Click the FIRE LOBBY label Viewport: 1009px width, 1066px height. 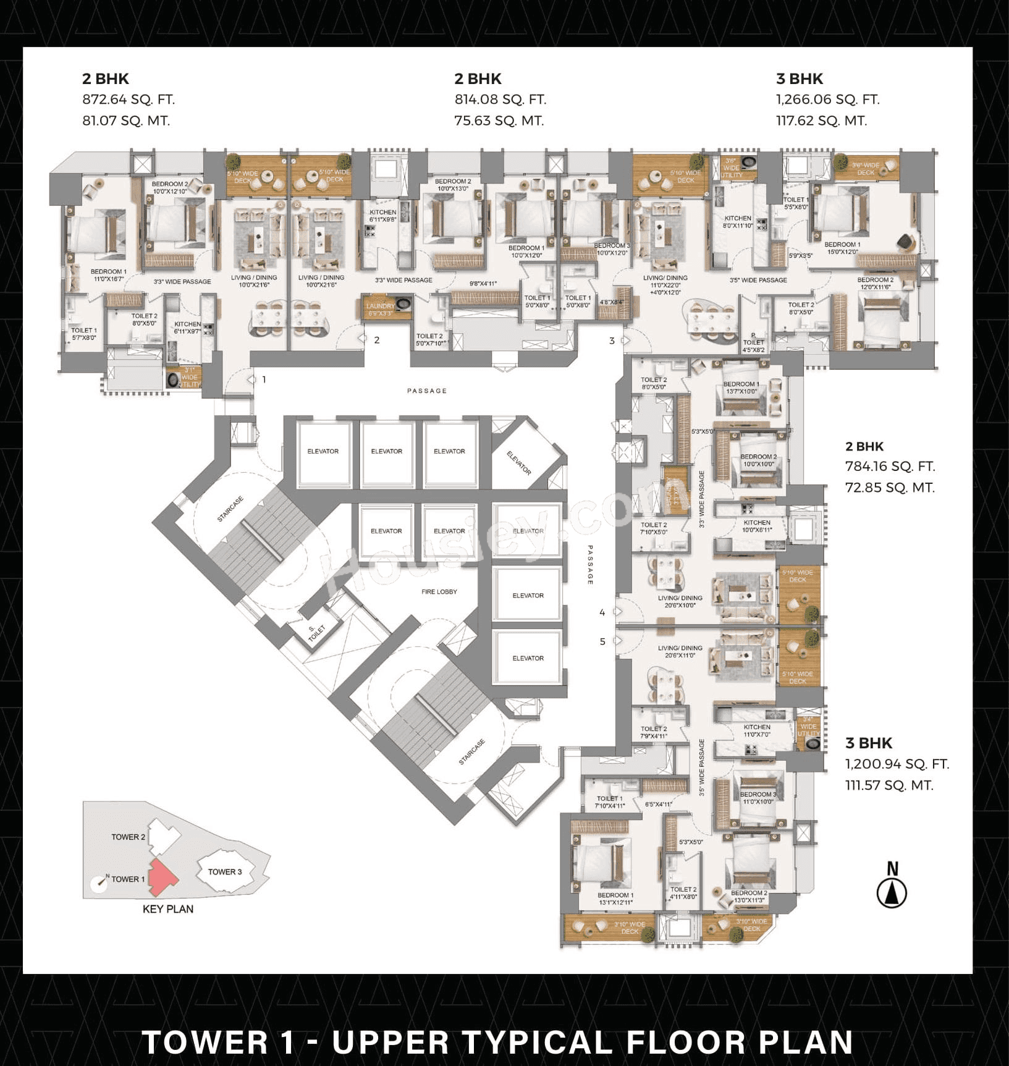tap(439, 591)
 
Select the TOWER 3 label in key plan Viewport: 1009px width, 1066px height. tap(225, 871)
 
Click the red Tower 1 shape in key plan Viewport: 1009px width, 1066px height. tap(162, 878)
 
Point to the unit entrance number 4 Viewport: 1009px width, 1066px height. tap(602, 612)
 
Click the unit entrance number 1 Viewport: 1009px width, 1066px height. tap(264, 379)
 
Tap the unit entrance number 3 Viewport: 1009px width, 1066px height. tap(612, 341)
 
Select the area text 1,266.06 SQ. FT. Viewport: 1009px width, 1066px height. tap(827, 99)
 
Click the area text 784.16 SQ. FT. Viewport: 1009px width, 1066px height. tap(890, 467)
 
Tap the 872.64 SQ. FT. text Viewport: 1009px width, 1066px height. tap(129, 99)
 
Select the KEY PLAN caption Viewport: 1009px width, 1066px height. tap(168, 909)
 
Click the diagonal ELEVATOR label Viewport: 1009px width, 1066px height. tap(519, 462)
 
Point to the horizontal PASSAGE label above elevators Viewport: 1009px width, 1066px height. tap(427, 391)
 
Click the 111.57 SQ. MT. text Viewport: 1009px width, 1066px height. tap(889, 785)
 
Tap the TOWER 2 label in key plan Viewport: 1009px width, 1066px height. tap(129, 837)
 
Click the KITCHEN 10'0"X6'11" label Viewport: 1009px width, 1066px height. tap(757, 526)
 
